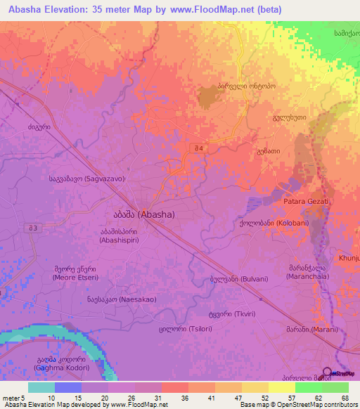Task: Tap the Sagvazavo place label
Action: (86, 179)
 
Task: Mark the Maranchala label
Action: (307, 273)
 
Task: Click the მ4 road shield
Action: (201, 148)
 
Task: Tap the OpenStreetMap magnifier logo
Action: (327, 372)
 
